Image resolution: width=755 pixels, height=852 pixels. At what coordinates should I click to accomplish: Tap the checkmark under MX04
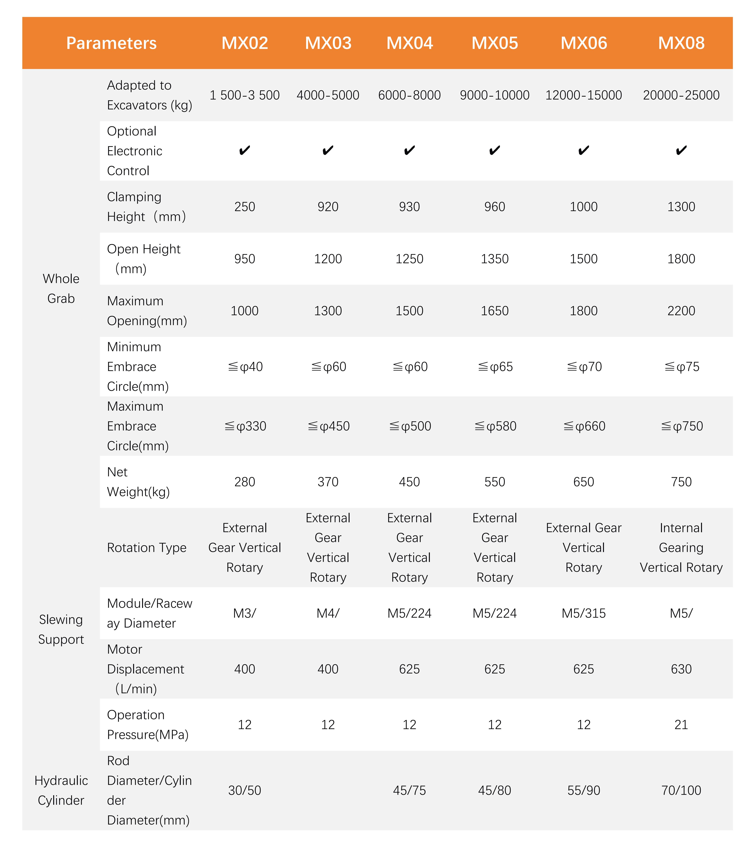[x=409, y=151]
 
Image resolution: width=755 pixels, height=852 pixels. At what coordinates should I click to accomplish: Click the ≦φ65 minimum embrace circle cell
[x=495, y=367]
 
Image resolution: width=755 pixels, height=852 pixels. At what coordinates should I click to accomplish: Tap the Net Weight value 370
[x=328, y=482]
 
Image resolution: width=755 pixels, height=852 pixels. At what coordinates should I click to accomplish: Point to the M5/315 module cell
[x=584, y=613]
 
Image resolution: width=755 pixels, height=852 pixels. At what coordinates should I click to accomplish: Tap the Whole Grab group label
[x=61, y=289]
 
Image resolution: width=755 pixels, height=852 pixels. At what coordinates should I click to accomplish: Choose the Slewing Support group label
[x=61, y=629]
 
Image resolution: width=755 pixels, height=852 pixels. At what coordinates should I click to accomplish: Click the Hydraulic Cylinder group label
[x=61, y=790]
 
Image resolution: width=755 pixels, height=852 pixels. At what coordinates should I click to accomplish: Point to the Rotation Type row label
[x=146, y=547]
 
